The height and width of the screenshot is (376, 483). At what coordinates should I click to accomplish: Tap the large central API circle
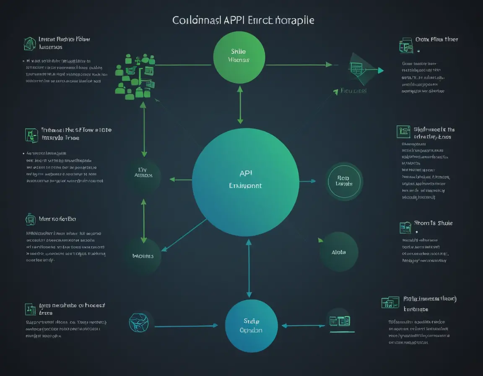tap(245, 181)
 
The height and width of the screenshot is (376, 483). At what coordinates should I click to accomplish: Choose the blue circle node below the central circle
tap(251, 326)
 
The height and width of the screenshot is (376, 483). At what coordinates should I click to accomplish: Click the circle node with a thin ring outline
tap(344, 181)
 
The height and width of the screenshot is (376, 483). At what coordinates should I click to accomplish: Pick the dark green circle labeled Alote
tap(338, 252)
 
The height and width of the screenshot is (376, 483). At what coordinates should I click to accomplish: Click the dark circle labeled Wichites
tap(143, 255)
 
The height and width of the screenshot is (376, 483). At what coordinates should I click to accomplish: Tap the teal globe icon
tap(138, 323)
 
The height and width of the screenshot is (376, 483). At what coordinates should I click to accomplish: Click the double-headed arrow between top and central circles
tap(240, 105)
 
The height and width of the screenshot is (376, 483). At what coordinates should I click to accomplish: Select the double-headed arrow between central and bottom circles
tap(249, 269)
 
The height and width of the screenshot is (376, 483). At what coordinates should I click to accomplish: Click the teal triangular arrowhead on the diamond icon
tap(380, 70)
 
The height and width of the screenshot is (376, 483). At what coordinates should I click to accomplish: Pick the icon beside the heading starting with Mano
tap(30, 219)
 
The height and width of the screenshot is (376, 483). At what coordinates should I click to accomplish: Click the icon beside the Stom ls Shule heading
tap(405, 228)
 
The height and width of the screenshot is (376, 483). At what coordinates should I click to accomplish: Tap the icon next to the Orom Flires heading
tap(405, 45)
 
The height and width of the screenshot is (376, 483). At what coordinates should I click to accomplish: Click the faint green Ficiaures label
tap(353, 91)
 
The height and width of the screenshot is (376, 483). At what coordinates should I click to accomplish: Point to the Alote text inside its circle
tap(338, 252)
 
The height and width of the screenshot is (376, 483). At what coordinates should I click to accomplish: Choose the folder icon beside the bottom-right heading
tap(390, 302)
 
